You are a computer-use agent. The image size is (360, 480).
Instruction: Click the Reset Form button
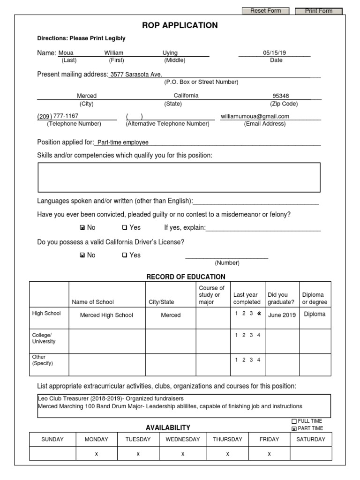(265, 11)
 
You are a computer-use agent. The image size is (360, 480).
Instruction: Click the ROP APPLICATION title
(180, 25)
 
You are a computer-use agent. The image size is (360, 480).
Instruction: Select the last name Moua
(66, 53)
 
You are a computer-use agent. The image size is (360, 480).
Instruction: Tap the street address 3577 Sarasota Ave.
(135, 75)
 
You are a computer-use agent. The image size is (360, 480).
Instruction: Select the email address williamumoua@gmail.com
(255, 116)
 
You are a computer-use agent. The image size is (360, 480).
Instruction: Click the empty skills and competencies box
(179, 177)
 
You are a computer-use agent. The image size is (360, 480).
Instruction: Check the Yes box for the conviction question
(125, 228)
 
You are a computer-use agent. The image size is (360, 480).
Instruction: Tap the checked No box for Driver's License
(82, 255)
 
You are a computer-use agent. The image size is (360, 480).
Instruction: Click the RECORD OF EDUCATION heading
(186, 277)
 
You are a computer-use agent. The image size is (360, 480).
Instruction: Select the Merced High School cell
(107, 315)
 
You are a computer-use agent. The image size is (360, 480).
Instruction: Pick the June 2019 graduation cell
(282, 315)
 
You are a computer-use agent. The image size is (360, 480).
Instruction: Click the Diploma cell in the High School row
(315, 315)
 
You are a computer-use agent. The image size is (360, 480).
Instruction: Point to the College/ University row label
(44, 338)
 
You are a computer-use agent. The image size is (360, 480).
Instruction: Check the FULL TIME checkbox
(294, 421)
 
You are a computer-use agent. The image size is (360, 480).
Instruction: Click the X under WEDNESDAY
(183, 454)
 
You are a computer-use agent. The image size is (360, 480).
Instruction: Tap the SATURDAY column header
(310, 439)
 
